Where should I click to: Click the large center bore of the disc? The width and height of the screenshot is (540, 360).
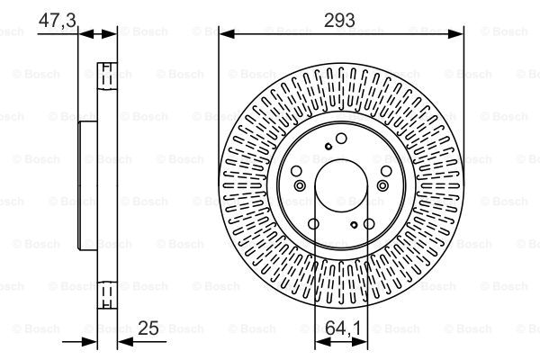coord(341,185)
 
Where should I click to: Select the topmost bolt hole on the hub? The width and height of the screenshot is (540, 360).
coord(341,139)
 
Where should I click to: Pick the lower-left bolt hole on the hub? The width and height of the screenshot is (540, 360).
coord(313,223)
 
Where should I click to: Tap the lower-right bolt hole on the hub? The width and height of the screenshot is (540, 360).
coord(369,223)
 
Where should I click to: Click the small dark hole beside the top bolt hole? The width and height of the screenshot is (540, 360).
coord(328,146)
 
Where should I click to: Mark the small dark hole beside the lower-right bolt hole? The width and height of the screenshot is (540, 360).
coord(354,224)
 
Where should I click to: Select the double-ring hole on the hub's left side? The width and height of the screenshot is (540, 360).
coord(299,184)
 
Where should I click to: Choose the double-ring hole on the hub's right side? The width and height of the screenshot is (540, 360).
coord(382,184)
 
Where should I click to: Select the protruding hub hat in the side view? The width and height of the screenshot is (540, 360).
coord(87,184)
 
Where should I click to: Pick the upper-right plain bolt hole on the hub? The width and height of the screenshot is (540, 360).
coord(386,171)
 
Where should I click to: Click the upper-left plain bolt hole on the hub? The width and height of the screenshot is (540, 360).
coord(296,171)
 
